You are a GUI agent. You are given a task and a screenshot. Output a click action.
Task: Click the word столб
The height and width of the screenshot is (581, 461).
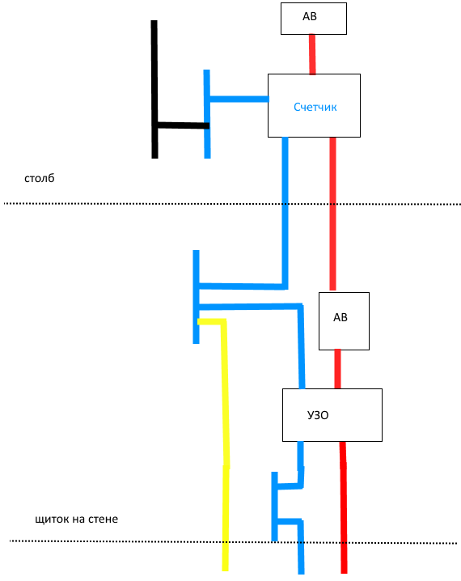pyautogui.click(x=40, y=178)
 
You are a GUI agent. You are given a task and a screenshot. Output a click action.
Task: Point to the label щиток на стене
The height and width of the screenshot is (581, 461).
pyautogui.click(x=76, y=520)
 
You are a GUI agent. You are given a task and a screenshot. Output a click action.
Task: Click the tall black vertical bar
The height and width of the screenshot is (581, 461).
pyautogui.click(x=154, y=89)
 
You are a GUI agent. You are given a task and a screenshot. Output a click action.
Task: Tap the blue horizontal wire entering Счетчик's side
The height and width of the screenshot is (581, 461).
pyautogui.click(x=239, y=99)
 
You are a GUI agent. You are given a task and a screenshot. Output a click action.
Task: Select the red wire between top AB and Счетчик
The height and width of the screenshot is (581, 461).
pyautogui.click(x=312, y=54)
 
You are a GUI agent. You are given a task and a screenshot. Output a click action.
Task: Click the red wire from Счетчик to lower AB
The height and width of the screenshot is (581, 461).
pyautogui.click(x=332, y=214)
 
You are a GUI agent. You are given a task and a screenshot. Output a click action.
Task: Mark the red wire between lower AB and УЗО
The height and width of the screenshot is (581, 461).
pyautogui.click(x=337, y=369)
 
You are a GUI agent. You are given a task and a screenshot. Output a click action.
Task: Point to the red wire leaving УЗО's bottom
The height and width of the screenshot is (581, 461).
pyautogui.click(x=343, y=507)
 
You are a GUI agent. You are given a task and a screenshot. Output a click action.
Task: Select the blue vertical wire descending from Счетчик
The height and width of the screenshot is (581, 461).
pyautogui.click(x=285, y=211)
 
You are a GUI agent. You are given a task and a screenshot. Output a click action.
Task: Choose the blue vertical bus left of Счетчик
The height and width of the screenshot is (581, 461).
pyautogui.click(x=207, y=114)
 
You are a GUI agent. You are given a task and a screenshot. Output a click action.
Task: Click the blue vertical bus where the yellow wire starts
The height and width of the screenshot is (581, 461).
pyautogui.click(x=196, y=297)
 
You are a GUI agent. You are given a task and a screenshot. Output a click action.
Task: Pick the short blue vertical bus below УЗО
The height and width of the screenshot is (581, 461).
pyautogui.click(x=274, y=507)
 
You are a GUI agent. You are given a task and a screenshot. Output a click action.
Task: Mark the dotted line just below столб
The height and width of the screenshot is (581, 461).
pyautogui.click(x=232, y=204)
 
